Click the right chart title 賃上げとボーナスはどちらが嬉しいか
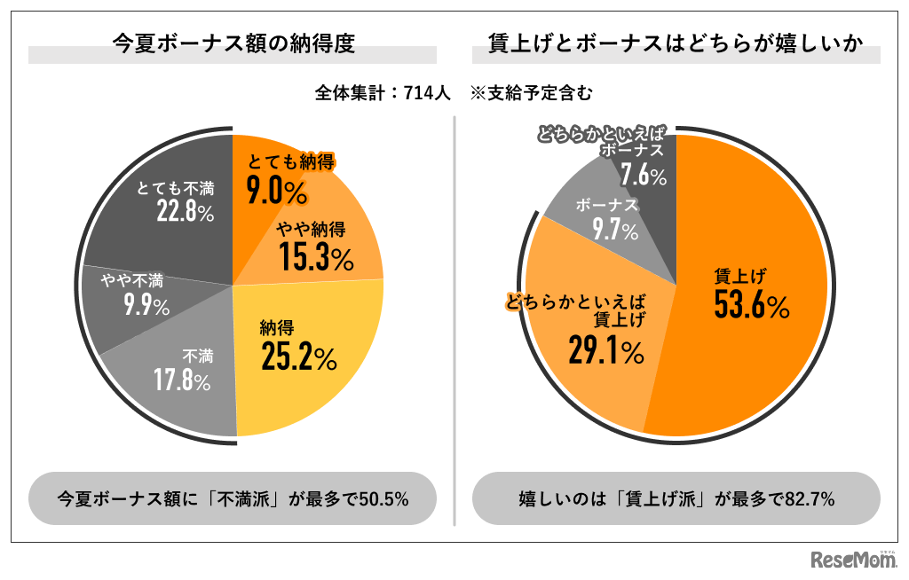tap(676, 43)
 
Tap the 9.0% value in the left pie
tap(276, 192)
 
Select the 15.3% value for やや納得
tap(316, 257)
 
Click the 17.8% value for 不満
tap(182, 382)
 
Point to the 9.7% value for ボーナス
tap(607, 231)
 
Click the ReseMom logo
tap(853, 560)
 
